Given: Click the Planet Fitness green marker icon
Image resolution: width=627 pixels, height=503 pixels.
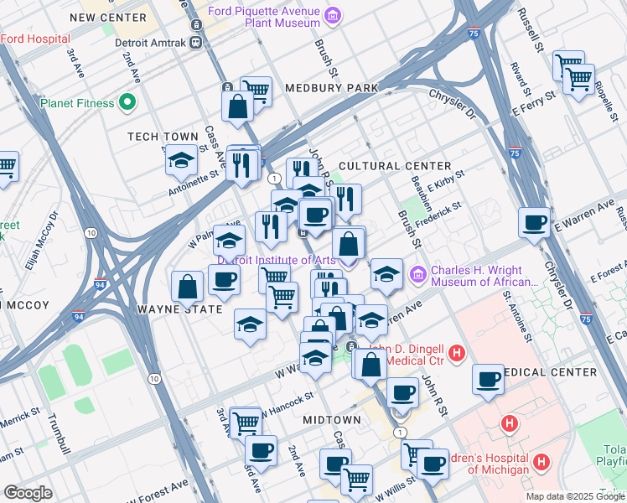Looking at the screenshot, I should pos(127,103).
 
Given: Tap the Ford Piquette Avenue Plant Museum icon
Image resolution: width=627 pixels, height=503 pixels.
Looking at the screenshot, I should pos(333,15).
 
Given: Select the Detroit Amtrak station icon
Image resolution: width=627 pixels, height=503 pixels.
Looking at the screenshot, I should pos(195,41).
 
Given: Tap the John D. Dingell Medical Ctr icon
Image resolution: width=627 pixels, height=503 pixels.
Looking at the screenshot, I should pos(456,355).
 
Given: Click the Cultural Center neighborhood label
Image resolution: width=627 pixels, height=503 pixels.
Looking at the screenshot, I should pos(395,166).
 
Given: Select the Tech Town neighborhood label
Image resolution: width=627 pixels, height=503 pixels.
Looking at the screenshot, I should pos(163,136).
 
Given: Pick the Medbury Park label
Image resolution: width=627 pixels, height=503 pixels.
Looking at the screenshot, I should pos(332,87).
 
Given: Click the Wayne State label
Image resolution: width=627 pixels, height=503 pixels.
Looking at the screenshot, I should pos(179,309).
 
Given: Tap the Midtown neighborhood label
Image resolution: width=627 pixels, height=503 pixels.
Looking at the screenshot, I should pos(332,419).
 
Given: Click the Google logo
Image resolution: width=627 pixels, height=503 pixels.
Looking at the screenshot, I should pos(28,493).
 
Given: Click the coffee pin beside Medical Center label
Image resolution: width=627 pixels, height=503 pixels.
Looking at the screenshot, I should pos(488,381).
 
